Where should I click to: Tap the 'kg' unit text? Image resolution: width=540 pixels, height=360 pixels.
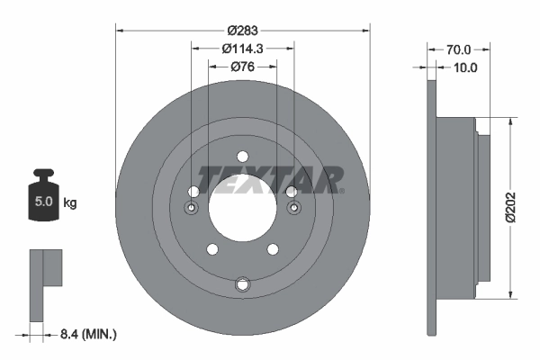tap(69, 203)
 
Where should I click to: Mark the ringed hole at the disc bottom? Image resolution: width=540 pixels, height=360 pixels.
tap(241, 285)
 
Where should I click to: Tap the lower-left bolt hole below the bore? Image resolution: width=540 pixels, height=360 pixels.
tap(212, 249)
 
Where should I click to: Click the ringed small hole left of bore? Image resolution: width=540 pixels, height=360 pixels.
tap(191, 209)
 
